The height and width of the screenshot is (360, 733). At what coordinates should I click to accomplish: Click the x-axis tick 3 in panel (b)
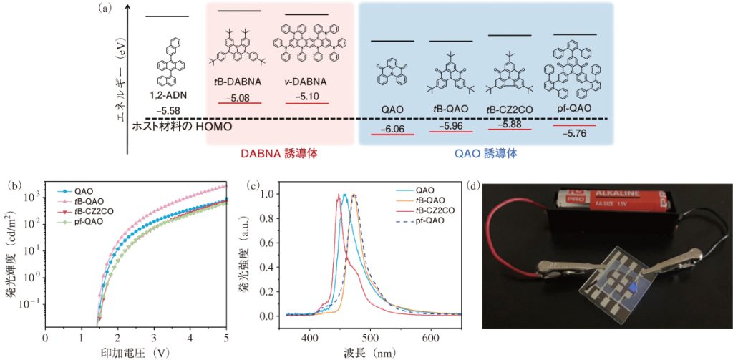tap(154, 336)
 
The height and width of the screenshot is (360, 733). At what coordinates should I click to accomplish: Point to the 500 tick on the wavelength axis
tap(370, 336)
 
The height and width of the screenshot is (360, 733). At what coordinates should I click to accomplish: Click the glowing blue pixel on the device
tap(634, 288)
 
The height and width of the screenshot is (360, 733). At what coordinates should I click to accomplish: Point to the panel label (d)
tap(474, 185)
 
